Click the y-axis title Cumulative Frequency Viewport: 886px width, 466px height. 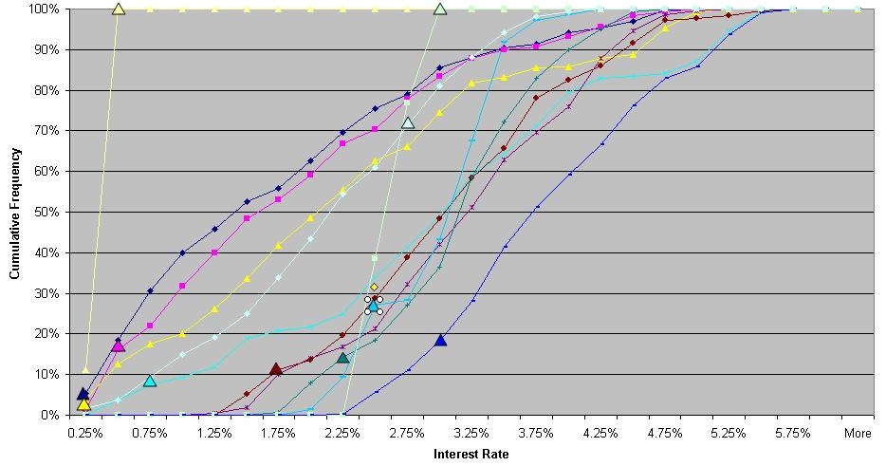coord(14,211)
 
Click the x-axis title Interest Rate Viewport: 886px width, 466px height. coord(471,454)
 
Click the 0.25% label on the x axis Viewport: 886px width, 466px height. coord(85,433)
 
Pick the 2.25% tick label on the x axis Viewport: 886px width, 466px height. coord(342,433)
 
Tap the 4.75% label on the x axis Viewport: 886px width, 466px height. coord(664,433)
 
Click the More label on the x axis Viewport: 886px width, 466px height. coord(858,433)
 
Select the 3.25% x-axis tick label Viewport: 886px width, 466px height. coord(471,433)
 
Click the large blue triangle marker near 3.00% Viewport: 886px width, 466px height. coord(440,340)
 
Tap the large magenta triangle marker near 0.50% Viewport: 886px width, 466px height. coord(119,345)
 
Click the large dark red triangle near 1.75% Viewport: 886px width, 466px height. coord(276,369)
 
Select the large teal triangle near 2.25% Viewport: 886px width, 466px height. coord(343,358)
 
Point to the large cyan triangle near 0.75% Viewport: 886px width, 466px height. coord(150,381)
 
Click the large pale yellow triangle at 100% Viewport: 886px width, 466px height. coord(119,9)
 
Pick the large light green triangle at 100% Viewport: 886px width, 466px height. coord(440,9)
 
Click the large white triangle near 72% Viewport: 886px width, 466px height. coord(408,122)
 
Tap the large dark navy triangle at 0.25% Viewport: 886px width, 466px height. coord(83,393)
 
